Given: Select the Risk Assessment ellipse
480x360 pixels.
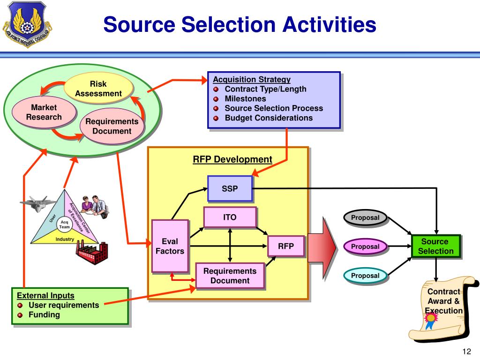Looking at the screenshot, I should tap(98, 89).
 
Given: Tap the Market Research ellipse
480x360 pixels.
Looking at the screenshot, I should tap(44, 112).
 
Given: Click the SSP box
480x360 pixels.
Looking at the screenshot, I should tap(230, 189).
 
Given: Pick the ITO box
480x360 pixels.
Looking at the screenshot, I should tap(230, 217).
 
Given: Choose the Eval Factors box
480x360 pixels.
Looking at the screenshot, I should tap(170, 246).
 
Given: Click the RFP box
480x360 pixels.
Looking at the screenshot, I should tap(286, 246).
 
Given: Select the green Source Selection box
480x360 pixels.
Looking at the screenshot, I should tap(435, 247).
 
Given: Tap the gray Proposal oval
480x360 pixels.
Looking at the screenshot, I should tap(365, 218).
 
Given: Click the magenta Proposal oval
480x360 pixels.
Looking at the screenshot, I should tap(365, 247).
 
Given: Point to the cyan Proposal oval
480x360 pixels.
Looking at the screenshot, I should tap(365, 276).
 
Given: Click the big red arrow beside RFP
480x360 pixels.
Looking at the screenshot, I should tap(323, 247).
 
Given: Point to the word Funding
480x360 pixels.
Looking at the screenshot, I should tap(45, 315).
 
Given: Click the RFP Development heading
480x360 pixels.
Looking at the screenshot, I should tap(232, 159).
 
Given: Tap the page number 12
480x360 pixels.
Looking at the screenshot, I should tap(466, 352).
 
